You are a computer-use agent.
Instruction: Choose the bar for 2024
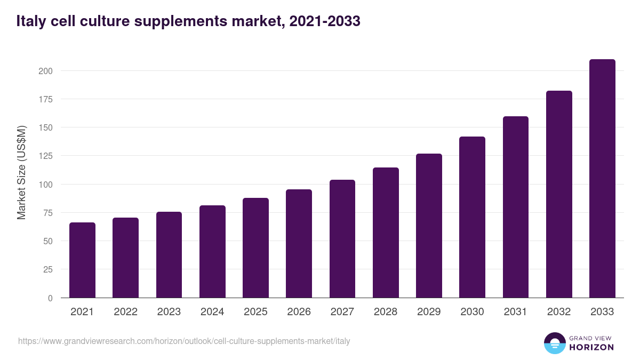pyautogui.click(x=212, y=252)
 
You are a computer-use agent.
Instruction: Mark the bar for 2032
pyautogui.click(x=559, y=194)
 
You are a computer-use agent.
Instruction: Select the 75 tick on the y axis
pyautogui.click(x=47, y=213)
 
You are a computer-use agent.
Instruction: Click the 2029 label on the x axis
pyautogui.click(x=429, y=312)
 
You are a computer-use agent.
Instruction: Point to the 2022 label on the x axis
pyautogui.click(x=125, y=312)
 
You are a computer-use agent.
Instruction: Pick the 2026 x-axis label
pyautogui.click(x=299, y=312)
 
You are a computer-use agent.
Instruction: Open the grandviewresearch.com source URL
pyautogui.click(x=184, y=341)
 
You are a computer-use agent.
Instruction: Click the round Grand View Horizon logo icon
pyautogui.click(x=554, y=343)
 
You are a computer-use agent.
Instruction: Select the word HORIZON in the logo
pyautogui.click(x=591, y=347)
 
